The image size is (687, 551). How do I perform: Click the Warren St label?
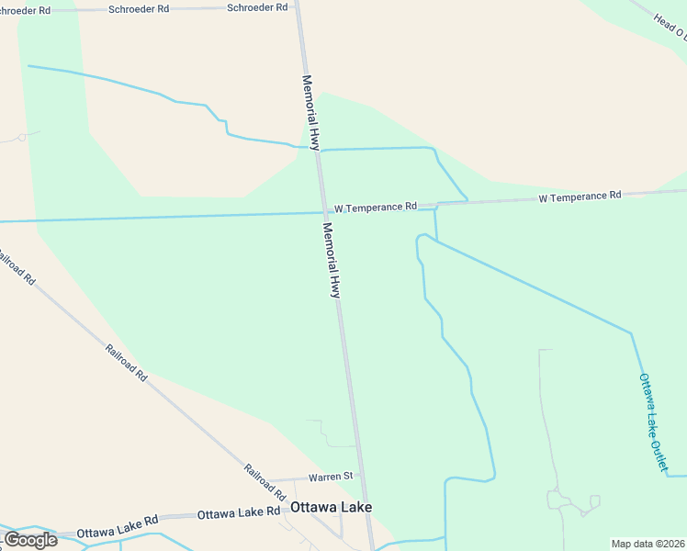tap(331, 477)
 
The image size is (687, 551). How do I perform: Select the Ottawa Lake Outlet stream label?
tap(653, 422)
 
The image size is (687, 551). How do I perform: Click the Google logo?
tap(30, 540)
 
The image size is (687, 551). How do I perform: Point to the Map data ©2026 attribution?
tap(648, 544)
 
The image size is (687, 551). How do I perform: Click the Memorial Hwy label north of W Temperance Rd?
tap(311, 112)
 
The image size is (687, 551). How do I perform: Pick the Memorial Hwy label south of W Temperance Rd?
tap(332, 260)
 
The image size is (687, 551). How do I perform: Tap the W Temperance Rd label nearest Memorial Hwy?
tap(375, 208)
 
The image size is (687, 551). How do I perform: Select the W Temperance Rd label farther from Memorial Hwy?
tap(580, 196)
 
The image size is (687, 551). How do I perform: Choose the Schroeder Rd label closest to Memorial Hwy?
tap(258, 6)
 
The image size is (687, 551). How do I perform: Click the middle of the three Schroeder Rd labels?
tap(139, 8)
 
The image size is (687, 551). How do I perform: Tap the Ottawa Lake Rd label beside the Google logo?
tap(118, 532)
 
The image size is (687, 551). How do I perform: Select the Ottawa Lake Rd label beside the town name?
tap(238, 512)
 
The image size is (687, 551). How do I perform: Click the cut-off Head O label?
tap(669, 25)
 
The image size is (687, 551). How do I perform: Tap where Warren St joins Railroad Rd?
tap(273, 480)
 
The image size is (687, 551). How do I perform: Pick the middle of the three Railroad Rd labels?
tap(127, 362)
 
